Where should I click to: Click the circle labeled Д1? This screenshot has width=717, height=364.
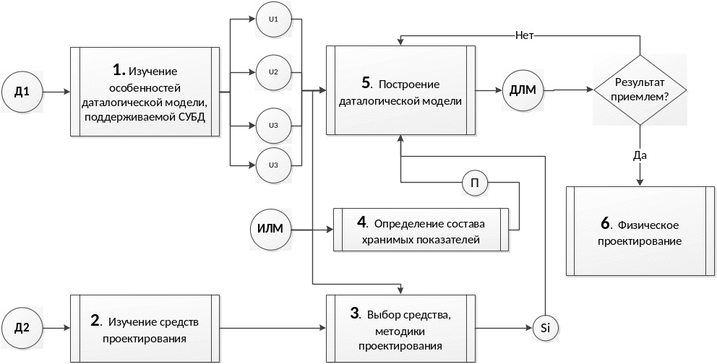pos(22,92)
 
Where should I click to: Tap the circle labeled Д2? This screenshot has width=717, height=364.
pos(22,328)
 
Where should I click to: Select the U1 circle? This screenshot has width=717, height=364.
pos(273,19)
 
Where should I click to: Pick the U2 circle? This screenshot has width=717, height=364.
pos(273,72)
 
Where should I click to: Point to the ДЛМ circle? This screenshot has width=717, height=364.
pos(522,91)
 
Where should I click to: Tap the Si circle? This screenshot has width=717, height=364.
pos(546,329)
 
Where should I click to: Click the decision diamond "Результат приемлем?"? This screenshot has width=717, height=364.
pos(639,90)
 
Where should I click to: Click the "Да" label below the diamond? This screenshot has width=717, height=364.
pos(639,154)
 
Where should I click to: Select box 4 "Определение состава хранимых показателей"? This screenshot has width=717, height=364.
pos(421,230)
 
